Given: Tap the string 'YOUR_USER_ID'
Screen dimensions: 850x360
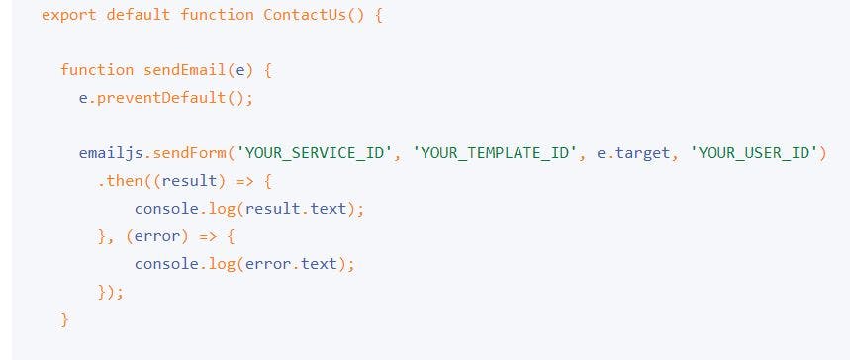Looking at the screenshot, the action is (755, 153).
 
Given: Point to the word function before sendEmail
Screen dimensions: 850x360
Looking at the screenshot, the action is (96, 70).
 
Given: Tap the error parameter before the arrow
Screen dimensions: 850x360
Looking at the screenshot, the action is (157, 236).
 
